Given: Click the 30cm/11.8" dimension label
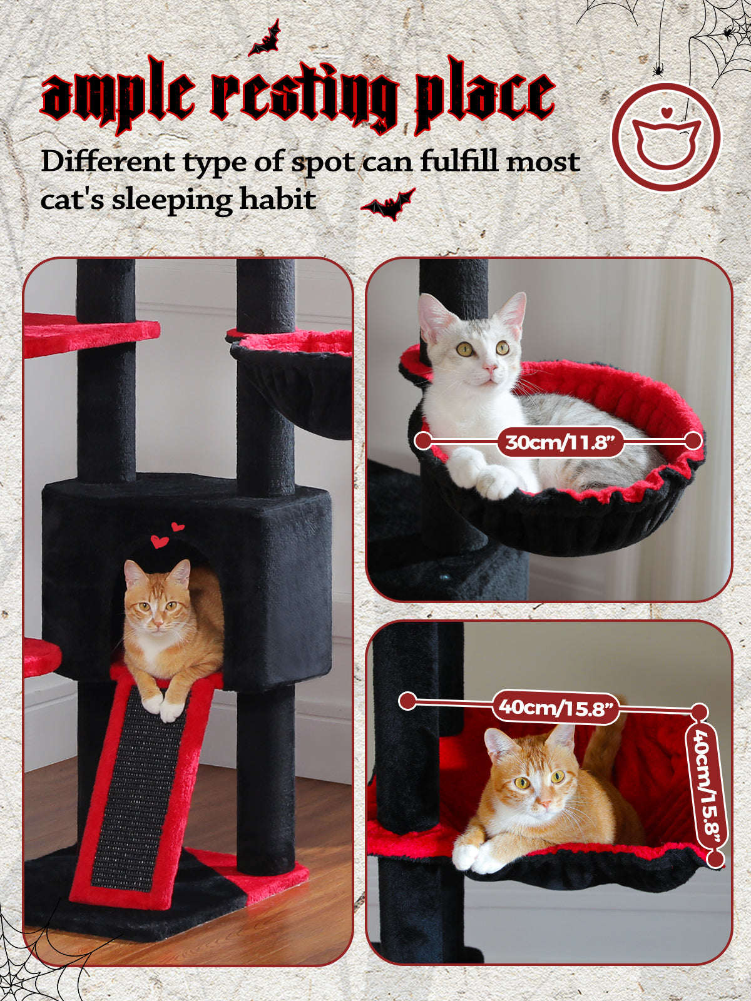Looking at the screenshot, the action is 560,442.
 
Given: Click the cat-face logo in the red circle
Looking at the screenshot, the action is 666,136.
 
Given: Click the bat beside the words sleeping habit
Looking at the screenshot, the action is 389,205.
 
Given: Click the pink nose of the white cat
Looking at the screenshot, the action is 490,367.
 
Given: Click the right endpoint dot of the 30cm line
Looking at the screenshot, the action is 693,440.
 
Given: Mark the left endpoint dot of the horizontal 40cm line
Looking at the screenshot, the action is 408,701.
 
